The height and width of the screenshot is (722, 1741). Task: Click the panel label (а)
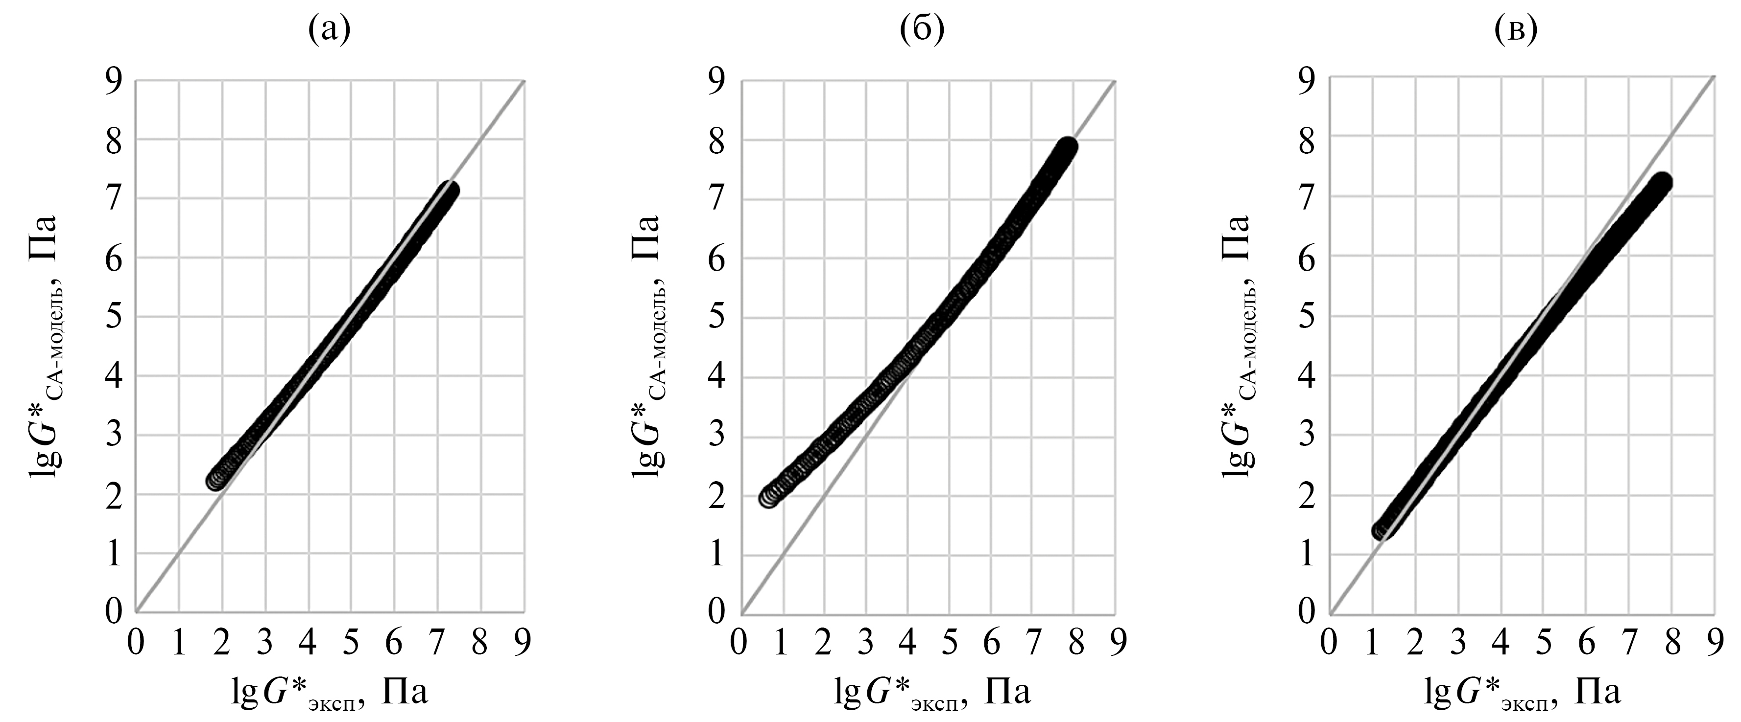(x=329, y=30)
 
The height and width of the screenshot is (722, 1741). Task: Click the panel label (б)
(x=922, y=30)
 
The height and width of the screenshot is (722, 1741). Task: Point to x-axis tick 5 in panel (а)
(x=351, y=642)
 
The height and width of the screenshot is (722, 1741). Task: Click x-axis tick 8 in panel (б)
(x=1074, y=642)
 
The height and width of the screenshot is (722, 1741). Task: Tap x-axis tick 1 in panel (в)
(x=1371, y=642)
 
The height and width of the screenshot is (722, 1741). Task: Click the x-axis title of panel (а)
(x=330, y=694)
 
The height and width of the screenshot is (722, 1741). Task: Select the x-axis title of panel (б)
(x=932, y=694)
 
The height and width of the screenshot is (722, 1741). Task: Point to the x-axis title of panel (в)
(x=1524, y=694)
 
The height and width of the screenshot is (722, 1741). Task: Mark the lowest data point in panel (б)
(x=768, y=498)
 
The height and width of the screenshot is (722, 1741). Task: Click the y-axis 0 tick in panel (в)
(x=1307, y=612)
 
